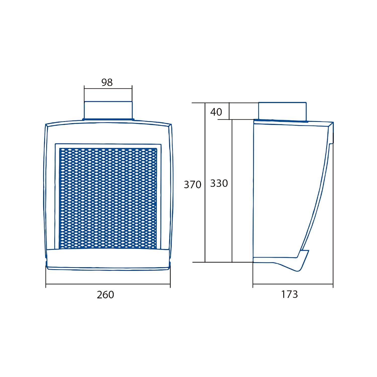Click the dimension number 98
pos(107,82)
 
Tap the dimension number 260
pos(106,295)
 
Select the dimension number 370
pos(193,185)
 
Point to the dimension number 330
pos(219,183)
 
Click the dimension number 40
pos(216,112)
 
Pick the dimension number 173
pos(290,294)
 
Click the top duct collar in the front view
pos(108,111)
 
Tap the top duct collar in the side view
pos(282,112)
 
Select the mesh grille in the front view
pos(108,199)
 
